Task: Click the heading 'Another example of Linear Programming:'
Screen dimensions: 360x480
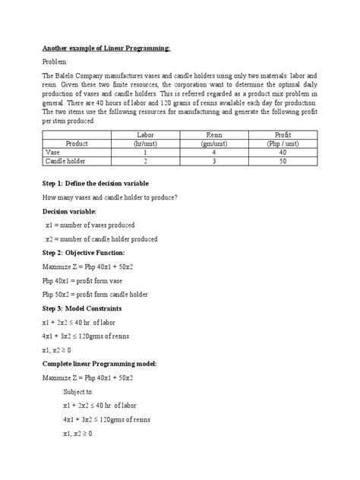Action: (106, 48)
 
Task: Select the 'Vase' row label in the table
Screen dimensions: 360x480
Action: (53, 151)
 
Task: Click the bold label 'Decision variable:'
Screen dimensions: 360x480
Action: (68, 212)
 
